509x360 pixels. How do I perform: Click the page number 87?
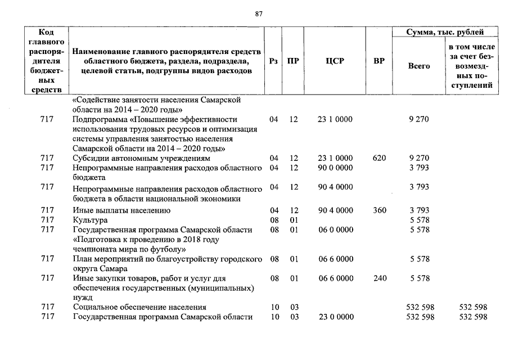[x=259, y=14]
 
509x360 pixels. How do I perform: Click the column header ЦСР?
[x=334, y=61]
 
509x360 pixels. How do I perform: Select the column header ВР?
[x=379, y=61]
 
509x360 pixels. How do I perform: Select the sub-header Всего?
[x=419, y=66]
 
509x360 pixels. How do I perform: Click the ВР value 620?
[x=379, y=158]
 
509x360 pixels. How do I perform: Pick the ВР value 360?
[x=379, y=210]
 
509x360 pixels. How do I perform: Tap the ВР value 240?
[x=379, y=278]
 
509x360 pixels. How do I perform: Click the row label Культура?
[x=91, y=220]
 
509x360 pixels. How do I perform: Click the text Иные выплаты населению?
[x=122, y=210]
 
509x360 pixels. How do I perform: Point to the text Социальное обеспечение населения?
[x=140, y=307]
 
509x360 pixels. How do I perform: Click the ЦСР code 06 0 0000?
[x=336, y=230]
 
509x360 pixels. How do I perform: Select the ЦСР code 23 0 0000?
[x=336, y=317]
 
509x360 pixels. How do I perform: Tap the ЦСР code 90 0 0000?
[x=336, y=168]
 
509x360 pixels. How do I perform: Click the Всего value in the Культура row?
[x=420, y=220]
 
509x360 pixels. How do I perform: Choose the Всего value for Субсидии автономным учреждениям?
[x=420, y=158]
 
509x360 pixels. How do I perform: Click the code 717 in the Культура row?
[x=47, y=220]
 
